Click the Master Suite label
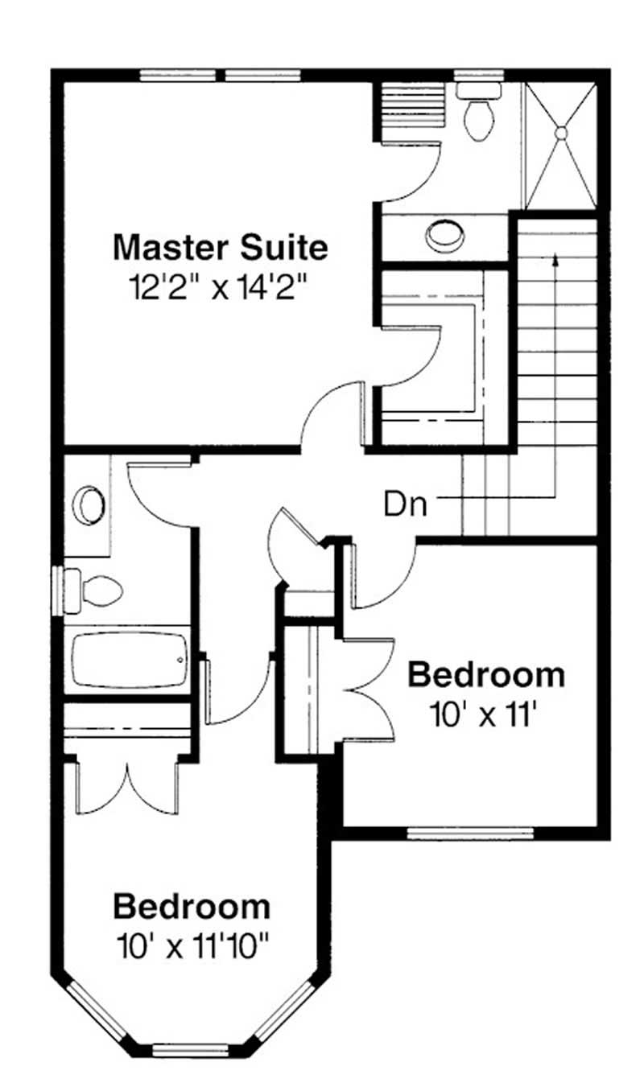(x=220, y=247)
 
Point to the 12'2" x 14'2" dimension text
(x=220, y=287)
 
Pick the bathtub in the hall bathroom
(x=129, y=661)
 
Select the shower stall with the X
(x=561, y=145)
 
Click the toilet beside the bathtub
(x=94, y=590)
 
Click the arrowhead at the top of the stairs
(x=555, y=258)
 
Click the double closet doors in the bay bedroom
(x=127, y=784)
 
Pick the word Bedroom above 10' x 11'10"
(x=192, y=907)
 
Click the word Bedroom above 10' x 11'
(x=485, y=675)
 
